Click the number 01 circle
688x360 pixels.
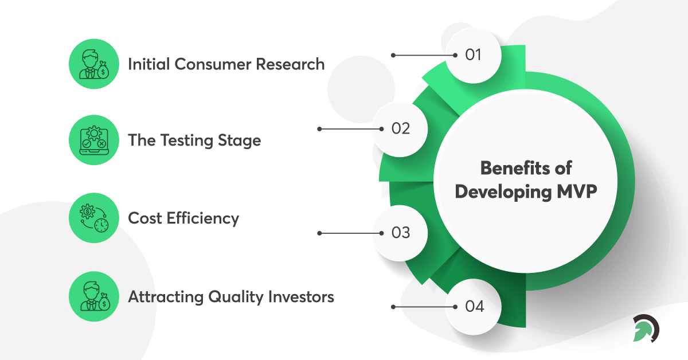(x=474, y=56)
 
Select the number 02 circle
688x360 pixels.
(x=400, y=129)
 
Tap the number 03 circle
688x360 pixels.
(x=400, y=233)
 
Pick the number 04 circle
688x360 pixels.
(x=474, y=307)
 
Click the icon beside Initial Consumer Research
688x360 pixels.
(x=93, y=64)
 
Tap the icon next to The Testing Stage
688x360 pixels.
(x=93, y=140)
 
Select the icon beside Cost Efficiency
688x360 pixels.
(x=93, y=218)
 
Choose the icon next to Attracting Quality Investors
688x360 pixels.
(x=93, y=296)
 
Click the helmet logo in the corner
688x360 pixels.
(x=646, y=328)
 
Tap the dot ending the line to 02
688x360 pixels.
(x=320, y=129)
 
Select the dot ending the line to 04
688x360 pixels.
(x=393, y=307)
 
